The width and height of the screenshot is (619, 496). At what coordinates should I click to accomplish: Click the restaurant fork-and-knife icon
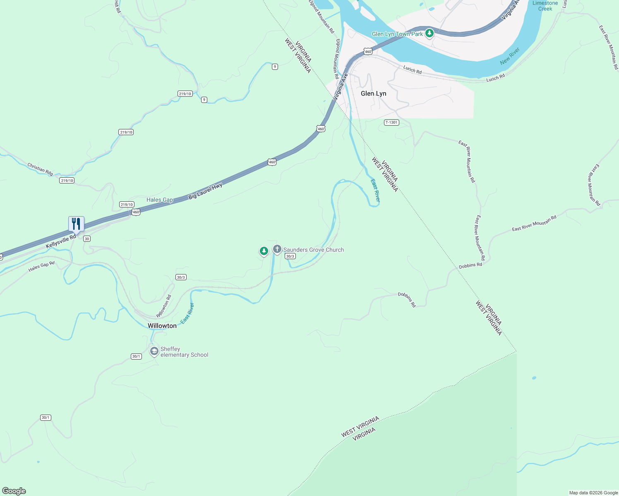pyautogui.click(x=76, y=224)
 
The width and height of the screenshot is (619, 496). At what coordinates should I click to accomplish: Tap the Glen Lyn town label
pyautogui.click(x=373, y=93)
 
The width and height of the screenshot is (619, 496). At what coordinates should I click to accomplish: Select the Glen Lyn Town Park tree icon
pyautogui.click(x=429, y=33)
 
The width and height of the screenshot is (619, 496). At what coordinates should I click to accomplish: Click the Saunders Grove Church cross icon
pyautogui.click(x=277, y=249)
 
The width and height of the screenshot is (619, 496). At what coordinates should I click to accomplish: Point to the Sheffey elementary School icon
pyautogui.click(x=154, y=352)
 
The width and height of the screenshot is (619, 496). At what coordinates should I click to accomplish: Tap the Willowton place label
pyautogui.click(x=162, y=326)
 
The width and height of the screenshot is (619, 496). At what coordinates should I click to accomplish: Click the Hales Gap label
pyautogui.click(x=160, y=200)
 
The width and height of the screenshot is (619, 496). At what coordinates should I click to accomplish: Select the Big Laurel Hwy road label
pyautogui.click(x=205, y=191)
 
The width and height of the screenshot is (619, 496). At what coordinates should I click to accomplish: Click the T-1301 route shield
pyautogui.click(x=391, y=122)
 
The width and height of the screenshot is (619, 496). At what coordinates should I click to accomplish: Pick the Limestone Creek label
pyautogui.click(x=545, y=6)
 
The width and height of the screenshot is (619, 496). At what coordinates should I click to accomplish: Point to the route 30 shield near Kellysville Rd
pyautogui.click(x=86, y=238)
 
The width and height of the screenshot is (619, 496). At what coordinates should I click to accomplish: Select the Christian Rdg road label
pyautogui.click(x=40, y=169)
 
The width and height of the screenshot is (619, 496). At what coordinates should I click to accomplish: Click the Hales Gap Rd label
pyautogui.click(x=41, y=267)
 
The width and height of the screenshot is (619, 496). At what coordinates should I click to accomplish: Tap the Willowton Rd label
pyautogui.click(x=164, y=306)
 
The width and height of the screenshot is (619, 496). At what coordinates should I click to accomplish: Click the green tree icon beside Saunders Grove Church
pyautogui.click(x=264, y=251)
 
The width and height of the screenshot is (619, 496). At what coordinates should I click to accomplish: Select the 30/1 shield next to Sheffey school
pyautogui.click(x=137, y=356)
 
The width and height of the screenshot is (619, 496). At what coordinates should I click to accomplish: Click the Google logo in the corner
pyautogui.click(x=14, y=491)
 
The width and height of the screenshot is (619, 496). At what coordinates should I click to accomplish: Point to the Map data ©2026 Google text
pyautogui.click(x=593, y=493)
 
